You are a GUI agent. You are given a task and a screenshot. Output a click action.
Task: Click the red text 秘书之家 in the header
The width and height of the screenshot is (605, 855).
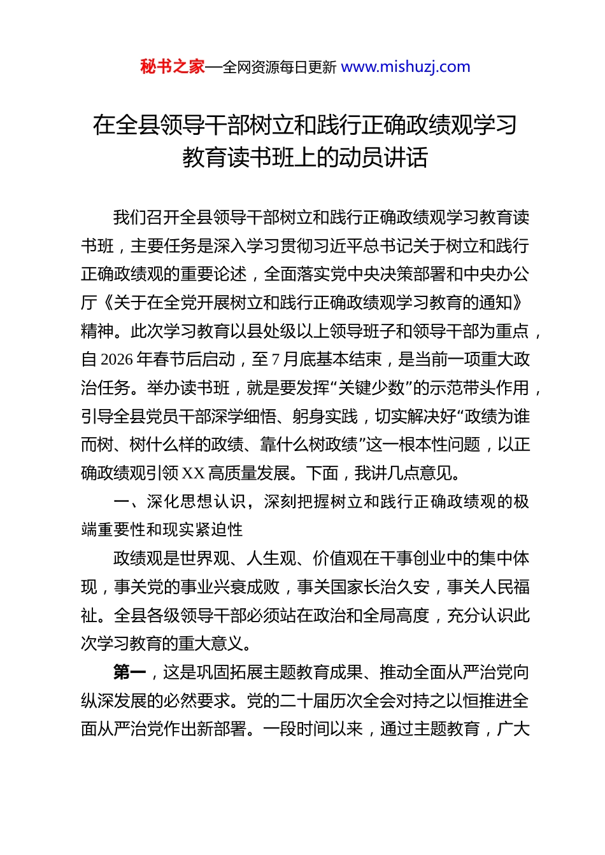coord(173,67)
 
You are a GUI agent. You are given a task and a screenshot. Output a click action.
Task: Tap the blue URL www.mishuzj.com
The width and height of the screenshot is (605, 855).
coord(406,67)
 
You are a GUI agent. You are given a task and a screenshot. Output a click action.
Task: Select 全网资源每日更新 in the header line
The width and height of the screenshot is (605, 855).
coord(280,67)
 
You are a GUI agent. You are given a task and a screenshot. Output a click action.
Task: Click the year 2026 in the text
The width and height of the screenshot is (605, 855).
coord(117,360)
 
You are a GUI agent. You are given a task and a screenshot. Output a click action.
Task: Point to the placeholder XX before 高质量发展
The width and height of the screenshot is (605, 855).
coord(193,473)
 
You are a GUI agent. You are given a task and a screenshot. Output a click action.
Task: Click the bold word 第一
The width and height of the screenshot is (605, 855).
coord(130,672)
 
